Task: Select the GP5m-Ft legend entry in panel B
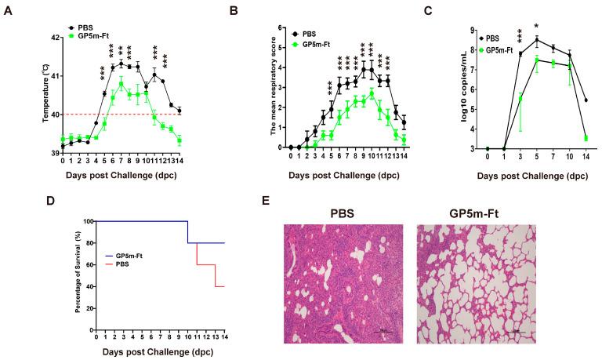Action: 318,45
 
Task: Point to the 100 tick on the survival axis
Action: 87,222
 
